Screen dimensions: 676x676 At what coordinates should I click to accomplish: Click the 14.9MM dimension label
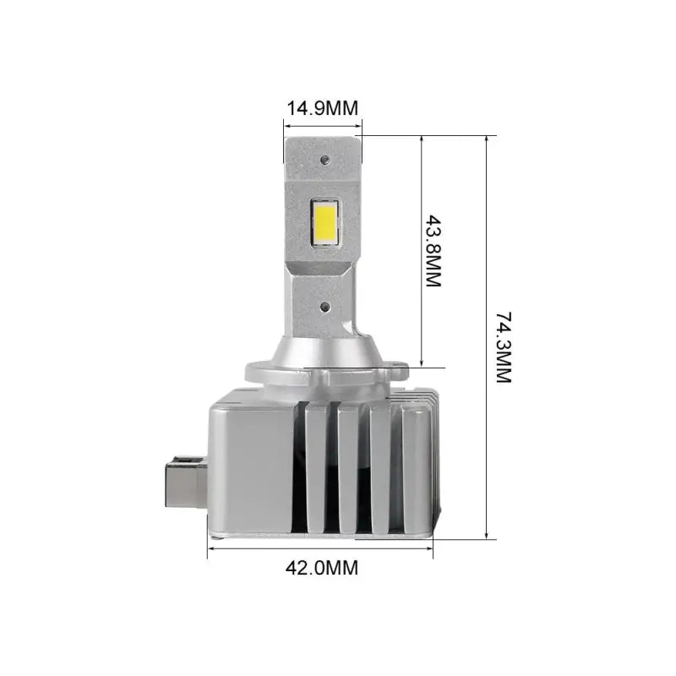tap(323, 108)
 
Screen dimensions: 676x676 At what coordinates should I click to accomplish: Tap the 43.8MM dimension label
tap(433, 252)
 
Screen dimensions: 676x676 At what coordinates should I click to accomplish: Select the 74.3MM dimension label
tap(504, 347)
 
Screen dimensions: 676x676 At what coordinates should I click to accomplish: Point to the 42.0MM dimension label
tap(322, 567)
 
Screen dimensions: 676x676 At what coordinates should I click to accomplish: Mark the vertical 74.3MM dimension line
tap(487, 338)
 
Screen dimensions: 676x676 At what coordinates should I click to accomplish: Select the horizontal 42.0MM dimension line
tap(321, 548)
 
